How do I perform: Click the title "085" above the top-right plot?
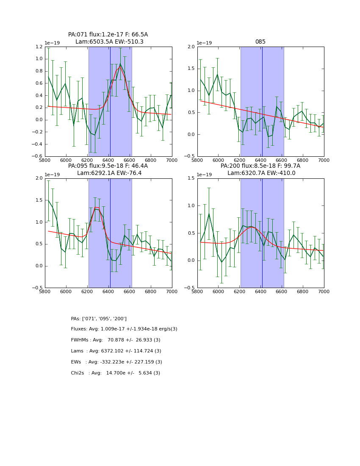(260, 42)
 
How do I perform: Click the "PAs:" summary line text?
(99, 319)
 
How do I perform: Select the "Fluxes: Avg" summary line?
(124, 329)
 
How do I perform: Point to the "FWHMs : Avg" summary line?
(116, 340)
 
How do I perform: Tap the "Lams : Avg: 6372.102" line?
(116, 351)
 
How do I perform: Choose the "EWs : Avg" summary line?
(116, 362)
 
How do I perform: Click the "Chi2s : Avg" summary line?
(116, 373)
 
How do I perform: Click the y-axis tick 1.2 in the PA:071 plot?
(39, 47)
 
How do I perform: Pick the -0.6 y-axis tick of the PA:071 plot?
(38, 156)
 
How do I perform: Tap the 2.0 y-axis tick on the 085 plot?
(191, 47)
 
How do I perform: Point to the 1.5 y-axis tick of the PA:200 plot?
(191, 178)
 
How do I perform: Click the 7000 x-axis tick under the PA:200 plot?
(324, 291)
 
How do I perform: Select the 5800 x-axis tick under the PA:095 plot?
(45, 291)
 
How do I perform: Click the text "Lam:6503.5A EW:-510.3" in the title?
(109, 42)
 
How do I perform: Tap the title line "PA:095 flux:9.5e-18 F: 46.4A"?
(108, 166)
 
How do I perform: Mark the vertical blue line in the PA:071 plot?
(110, 102)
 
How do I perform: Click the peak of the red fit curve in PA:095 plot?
(96, 207)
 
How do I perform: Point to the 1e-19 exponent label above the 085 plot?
(205, 43)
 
